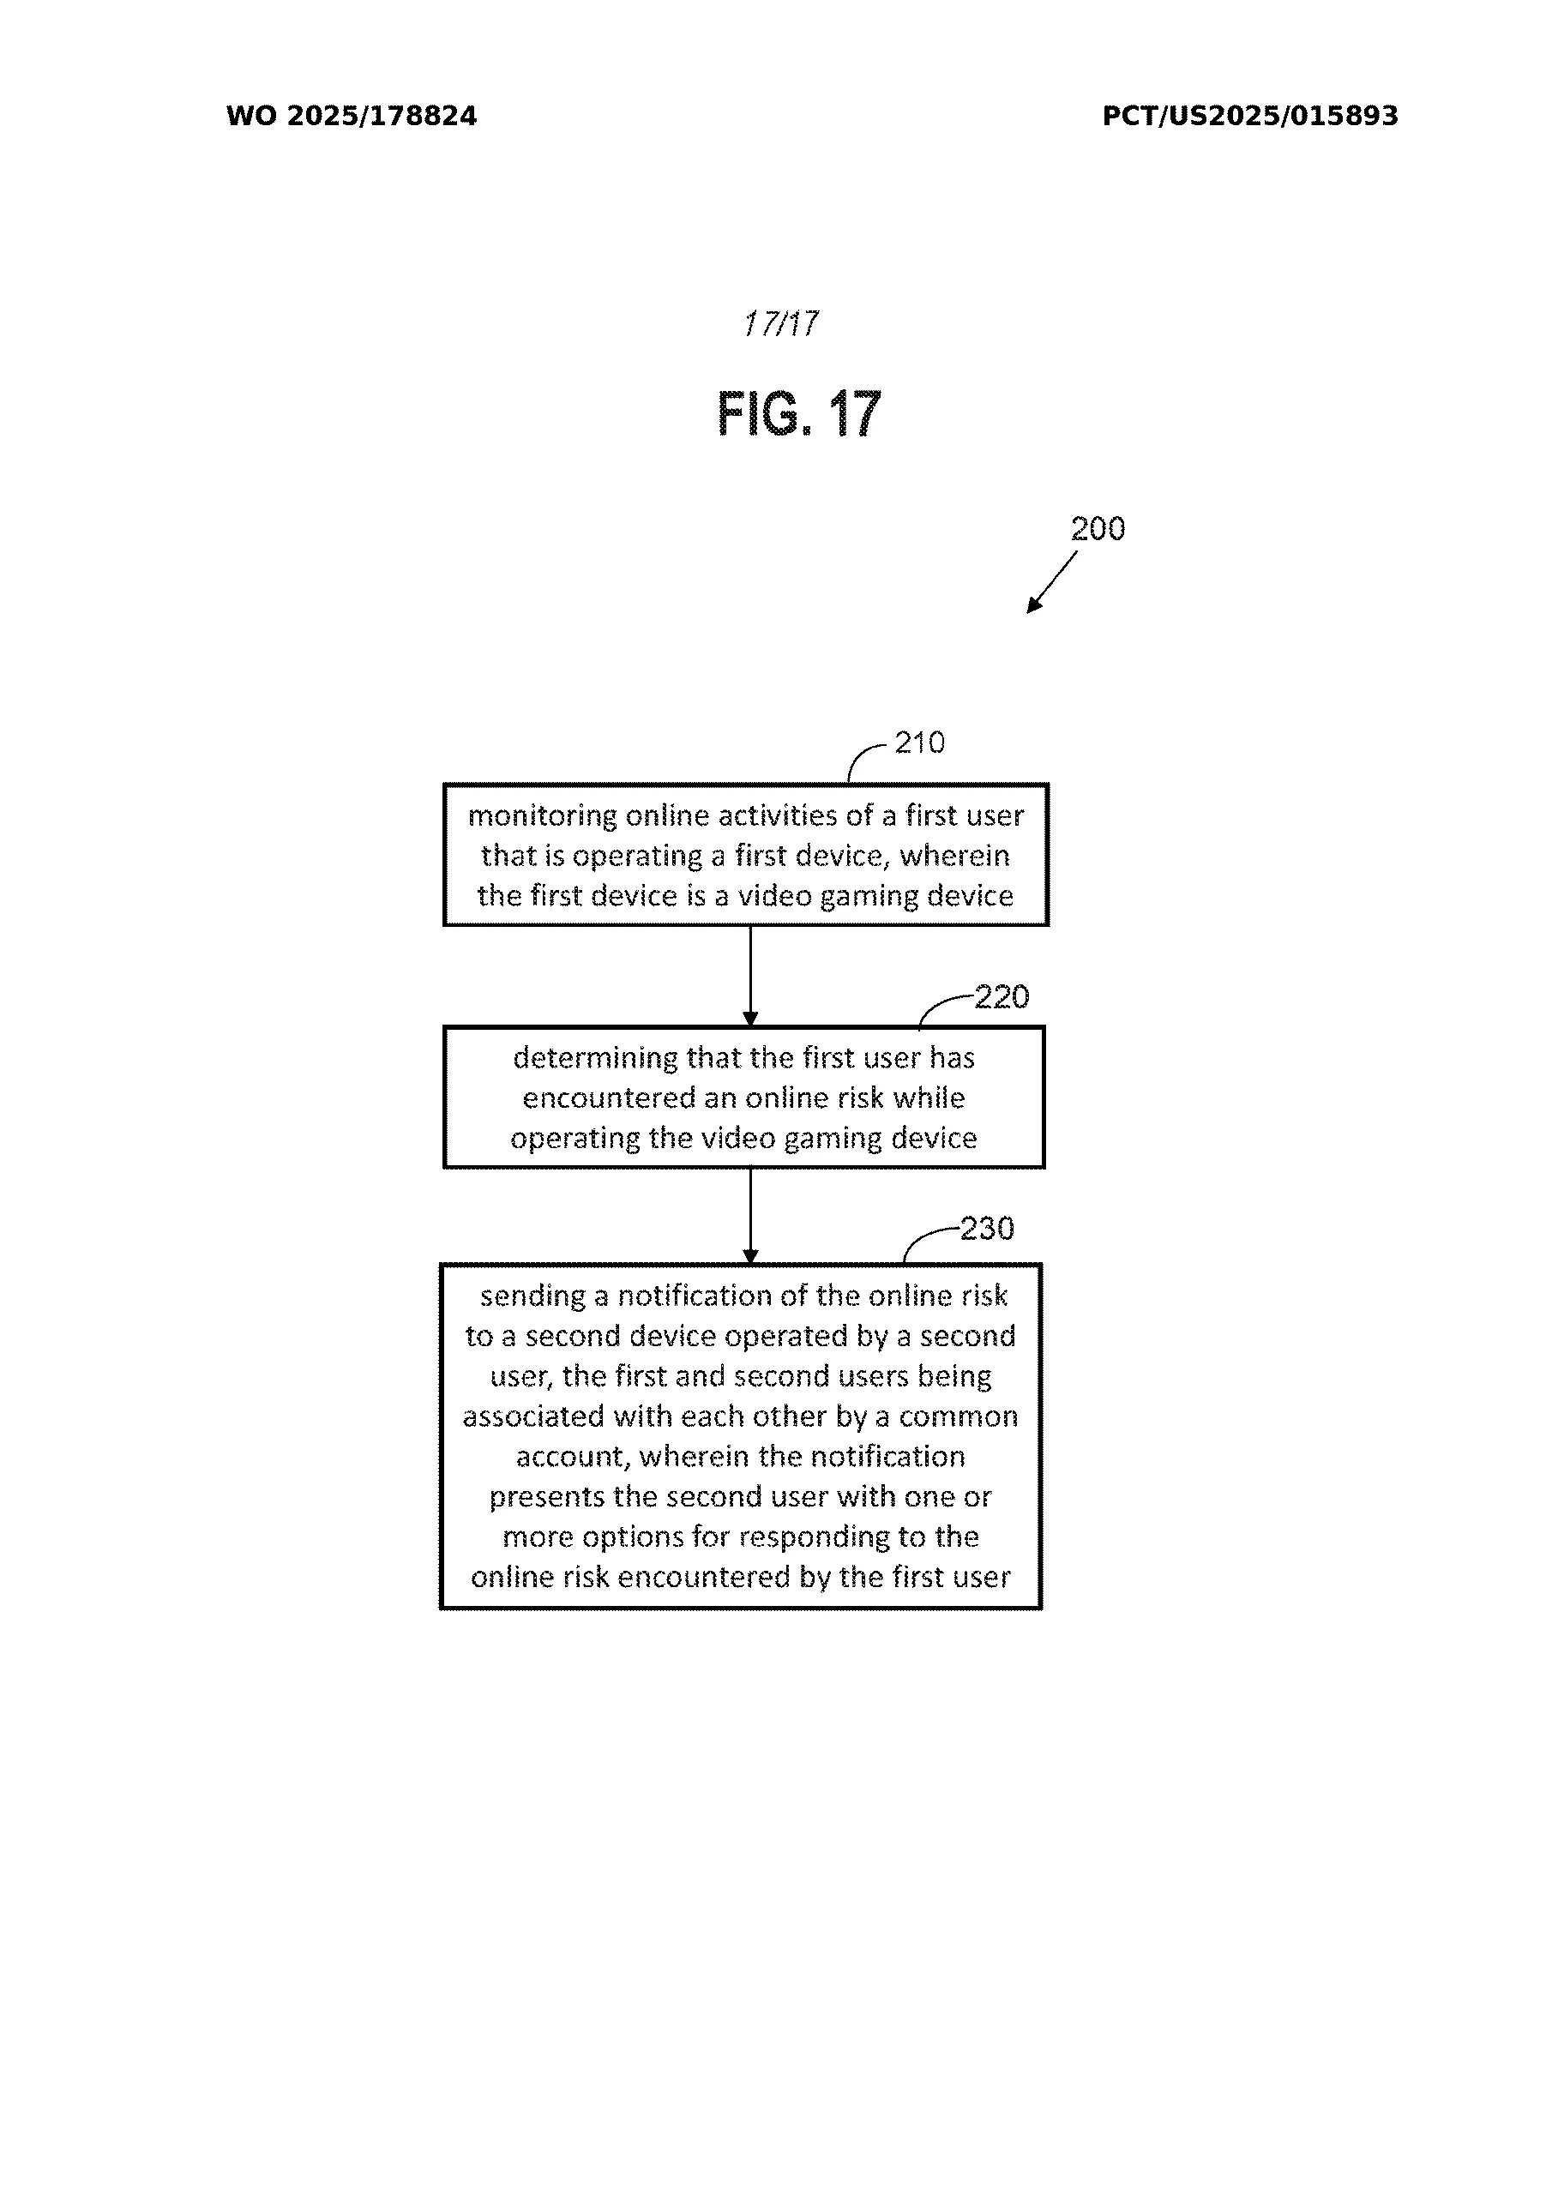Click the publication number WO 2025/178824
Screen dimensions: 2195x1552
tap(351, 117)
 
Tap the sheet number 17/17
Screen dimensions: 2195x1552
tap(780, 324)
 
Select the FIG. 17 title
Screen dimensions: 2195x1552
tap(798, 414)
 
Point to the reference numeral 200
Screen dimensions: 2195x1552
tap(1097, 529)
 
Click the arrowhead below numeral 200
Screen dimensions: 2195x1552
tap(1034, 604)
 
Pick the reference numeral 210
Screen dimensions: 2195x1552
tap(919, 743)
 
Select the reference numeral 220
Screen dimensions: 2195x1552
tap(1002, 997)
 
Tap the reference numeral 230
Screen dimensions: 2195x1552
tap(986, 1229)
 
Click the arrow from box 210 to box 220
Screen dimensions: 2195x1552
tap(749, 975)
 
